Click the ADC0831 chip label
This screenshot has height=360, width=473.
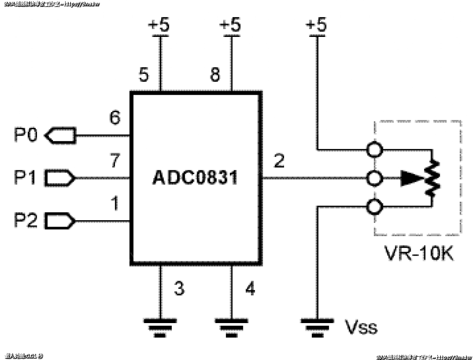click(195, 178)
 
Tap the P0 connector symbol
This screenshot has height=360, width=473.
click(60, 136)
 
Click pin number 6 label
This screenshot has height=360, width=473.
click(115, 118)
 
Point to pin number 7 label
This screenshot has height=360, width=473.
click(115, 161)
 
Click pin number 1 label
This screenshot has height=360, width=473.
click(115, 204)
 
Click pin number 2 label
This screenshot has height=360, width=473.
click(279, 161)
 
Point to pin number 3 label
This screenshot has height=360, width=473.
click(179, 289)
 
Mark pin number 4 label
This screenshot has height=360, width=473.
click(250, 289)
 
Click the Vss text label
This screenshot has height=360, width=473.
click(361, 327)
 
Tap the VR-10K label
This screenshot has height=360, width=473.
click(419, 253)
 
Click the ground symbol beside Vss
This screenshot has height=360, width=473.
click(317, 324)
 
